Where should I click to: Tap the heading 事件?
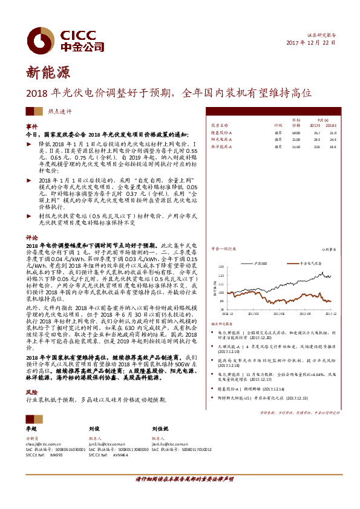point(31,126)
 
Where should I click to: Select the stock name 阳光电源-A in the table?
point(221,139)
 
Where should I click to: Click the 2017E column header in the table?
point(315,125)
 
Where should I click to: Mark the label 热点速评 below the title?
point(60,111)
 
